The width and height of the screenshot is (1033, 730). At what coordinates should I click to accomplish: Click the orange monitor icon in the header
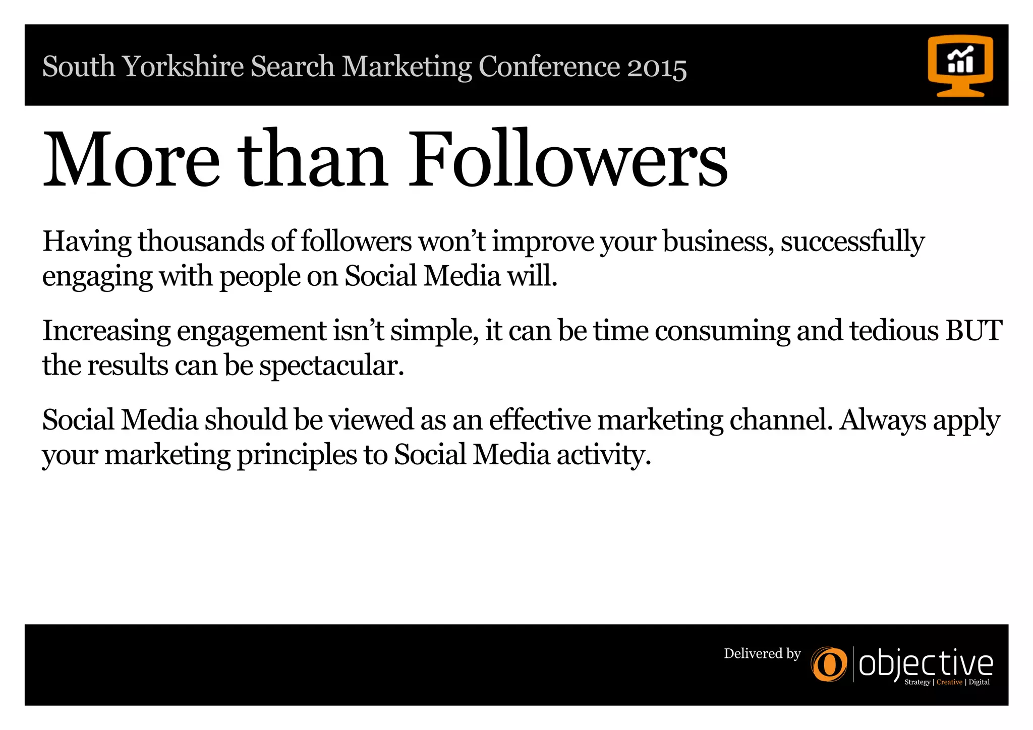[x=960, y=66]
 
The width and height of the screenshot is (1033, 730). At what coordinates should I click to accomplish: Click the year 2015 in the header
[x=657, y=68]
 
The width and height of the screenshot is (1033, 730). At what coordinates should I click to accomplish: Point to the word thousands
[x=201, y=241]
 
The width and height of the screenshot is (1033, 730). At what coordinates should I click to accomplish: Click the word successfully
[x=852, y=242]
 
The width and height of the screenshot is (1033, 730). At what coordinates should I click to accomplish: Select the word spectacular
[x=331, y=366]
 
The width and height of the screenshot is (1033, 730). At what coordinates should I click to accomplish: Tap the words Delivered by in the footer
[x=762, y=654]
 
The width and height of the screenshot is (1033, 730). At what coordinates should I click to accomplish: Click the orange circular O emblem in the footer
[x=829, y=664]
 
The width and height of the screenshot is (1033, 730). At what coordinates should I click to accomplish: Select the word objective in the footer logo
[x=926, y=664]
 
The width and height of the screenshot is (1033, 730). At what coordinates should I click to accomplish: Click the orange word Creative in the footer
[x=949, y=682]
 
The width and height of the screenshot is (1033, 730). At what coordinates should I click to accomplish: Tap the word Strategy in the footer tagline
[x=917, y=682]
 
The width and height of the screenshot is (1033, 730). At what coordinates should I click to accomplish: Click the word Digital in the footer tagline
[x=979, y=682]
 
